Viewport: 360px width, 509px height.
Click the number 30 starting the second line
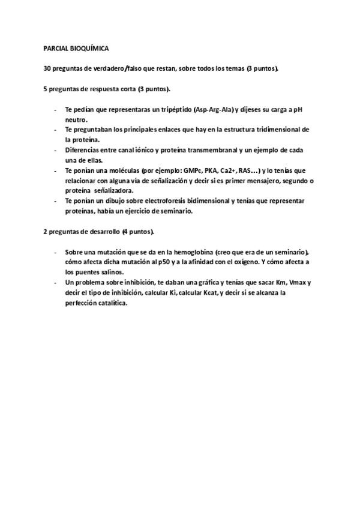click(x=47, y=68)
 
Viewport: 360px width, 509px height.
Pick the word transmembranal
click(x=196, y=150)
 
